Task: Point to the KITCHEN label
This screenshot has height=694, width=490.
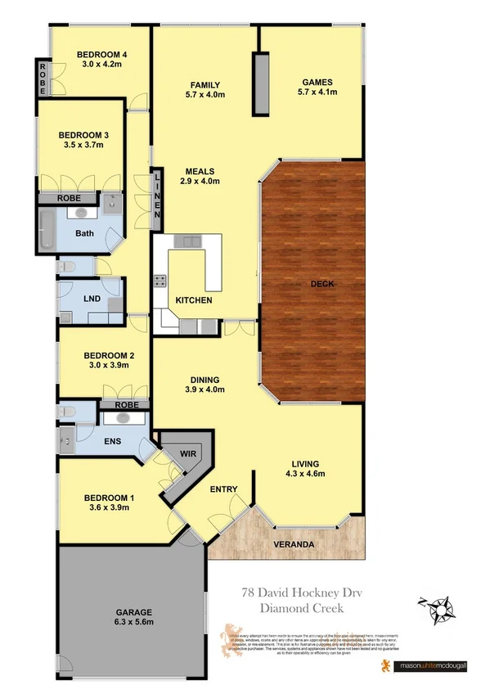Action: [x=194, y=300]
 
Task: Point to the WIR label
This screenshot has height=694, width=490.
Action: [x=190, y=450]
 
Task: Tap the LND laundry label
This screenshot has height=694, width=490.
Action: [x=92, y=299]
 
